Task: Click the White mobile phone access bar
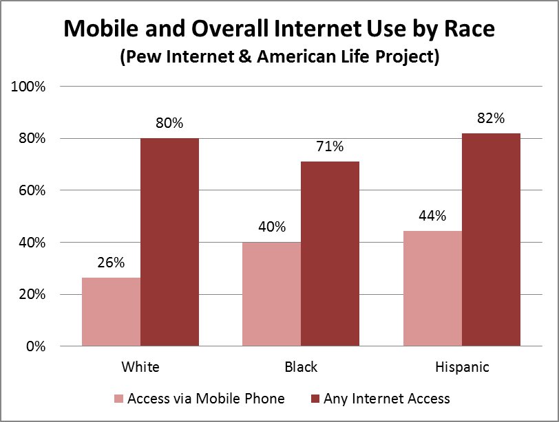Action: [111, 311]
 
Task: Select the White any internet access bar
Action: [169, 242]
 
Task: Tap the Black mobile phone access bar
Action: [271, 293]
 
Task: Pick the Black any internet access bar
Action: [330, 254]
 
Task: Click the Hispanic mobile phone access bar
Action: [432, 288]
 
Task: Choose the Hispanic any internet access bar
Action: [491, 239]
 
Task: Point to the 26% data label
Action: [111, 263]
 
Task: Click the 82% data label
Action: [491, 118]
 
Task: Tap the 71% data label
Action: [330, 146]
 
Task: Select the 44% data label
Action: [432, 216]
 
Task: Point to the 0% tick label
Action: [36, 346]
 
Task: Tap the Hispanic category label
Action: [461, 366]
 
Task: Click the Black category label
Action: [301, 366]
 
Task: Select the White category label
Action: [140, 366]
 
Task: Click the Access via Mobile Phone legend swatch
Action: [119, 399]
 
